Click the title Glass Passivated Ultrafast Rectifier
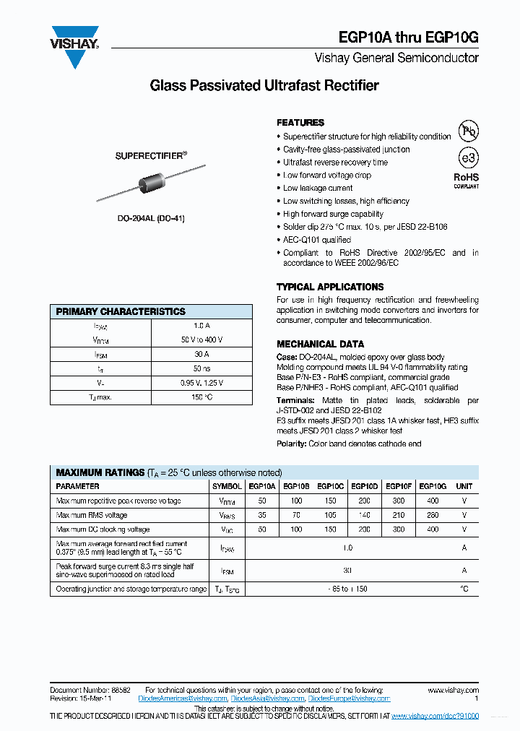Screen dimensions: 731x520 click(264, 86)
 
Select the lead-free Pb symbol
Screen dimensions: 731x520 click(469, 131)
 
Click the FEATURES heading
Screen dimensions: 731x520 click(300, 123)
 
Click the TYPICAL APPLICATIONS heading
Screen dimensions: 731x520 click(330, 287)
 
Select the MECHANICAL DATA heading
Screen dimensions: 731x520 click(320, 345)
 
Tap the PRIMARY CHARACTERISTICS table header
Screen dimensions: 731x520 click(121, 312)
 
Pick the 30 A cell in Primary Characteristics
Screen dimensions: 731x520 click(201, 355)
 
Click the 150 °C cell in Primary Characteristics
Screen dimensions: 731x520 click(201, 397)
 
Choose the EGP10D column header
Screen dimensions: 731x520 click(365, 487)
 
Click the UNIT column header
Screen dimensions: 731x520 click(464, 487)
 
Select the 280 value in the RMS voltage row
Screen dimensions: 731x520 click(433, 515)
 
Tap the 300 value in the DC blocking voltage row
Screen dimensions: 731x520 click(399, 529)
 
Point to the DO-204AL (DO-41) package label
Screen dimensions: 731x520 click(152, 218)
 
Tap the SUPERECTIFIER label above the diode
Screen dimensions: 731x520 click(151, 155)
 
